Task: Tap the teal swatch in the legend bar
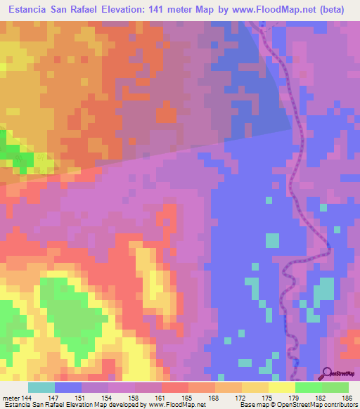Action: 41,387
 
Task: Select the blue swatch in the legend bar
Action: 68,387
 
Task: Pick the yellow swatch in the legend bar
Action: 282,387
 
